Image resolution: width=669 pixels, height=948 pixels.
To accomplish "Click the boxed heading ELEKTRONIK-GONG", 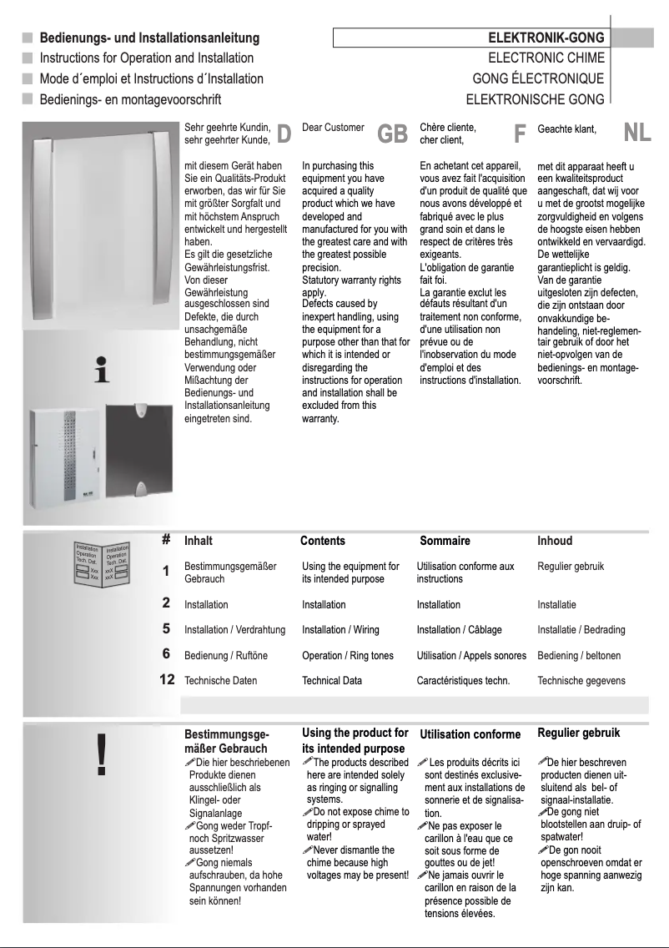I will click(546, 38).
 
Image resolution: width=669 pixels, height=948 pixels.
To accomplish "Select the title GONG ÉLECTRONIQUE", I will click(538, 79).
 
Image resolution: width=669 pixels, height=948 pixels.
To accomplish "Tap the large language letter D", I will click(284, 134).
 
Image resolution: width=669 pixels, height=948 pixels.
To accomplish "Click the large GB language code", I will click(392, 134).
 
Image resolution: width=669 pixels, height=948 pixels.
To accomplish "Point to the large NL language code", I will click(637, 134).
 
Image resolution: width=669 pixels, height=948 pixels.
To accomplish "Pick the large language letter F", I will click(520, 134).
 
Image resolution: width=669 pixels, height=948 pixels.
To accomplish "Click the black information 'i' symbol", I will click(102, 371).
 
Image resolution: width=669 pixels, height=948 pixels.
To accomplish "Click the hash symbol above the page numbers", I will click(166, 540).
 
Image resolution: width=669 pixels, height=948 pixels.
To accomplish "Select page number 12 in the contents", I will click(167, 680).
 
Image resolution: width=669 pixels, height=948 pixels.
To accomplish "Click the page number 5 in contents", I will click(166, 629).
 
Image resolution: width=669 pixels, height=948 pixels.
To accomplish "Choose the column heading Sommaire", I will click(445, 541).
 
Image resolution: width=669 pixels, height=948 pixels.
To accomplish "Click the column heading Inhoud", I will click(555, 541).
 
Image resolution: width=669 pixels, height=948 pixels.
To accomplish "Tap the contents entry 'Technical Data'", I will click(332, 680).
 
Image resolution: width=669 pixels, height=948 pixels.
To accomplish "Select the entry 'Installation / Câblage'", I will click(459, 630).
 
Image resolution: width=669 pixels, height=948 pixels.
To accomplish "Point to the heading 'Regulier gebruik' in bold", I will click(579, 734).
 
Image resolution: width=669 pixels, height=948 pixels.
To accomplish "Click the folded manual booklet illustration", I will click(100, 563).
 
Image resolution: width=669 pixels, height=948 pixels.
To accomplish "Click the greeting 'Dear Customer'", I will click(333, 128).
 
